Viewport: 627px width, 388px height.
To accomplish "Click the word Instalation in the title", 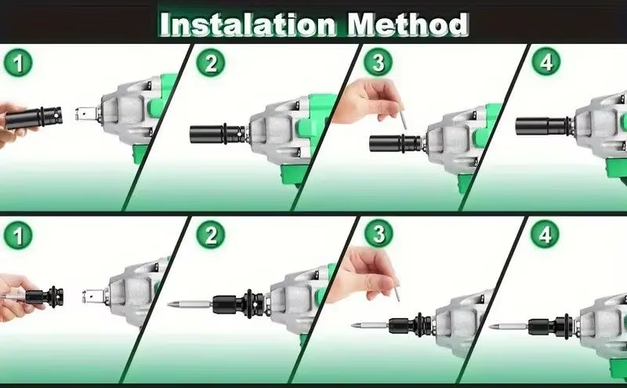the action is tap(248, 25).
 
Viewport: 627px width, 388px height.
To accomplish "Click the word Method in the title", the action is tap(408, 24).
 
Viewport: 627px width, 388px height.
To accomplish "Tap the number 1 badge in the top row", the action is tap(18, 63).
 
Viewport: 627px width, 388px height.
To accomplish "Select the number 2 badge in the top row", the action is tap(211, 63).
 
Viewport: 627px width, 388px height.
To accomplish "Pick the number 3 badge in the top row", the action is tap(379, 62).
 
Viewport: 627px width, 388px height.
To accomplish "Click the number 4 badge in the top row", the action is tap(545, 62).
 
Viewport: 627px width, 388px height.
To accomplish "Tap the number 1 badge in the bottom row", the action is tap(18, 236).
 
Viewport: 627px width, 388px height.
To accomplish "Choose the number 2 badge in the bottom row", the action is tap(211, 235).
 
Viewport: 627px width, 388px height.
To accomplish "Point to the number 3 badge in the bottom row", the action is tap(379, 234).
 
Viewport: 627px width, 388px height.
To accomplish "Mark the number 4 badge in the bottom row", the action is tap(545, 234).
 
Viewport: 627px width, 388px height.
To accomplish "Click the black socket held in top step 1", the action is tap(34, 118).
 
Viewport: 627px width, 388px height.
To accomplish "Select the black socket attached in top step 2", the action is tap(217, 134).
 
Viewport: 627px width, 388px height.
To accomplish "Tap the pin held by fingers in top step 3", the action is tap(403, 116).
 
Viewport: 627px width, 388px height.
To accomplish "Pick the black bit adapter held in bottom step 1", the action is tap(44, 296).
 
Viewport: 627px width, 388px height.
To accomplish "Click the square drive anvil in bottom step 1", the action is tap(95, 296).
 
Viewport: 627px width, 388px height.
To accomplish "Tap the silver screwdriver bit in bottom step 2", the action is tap(190, 305).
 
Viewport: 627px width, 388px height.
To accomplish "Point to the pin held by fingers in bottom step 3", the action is tap(397, 292).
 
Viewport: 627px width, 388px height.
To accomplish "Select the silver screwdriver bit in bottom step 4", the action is tap(509, 326).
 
